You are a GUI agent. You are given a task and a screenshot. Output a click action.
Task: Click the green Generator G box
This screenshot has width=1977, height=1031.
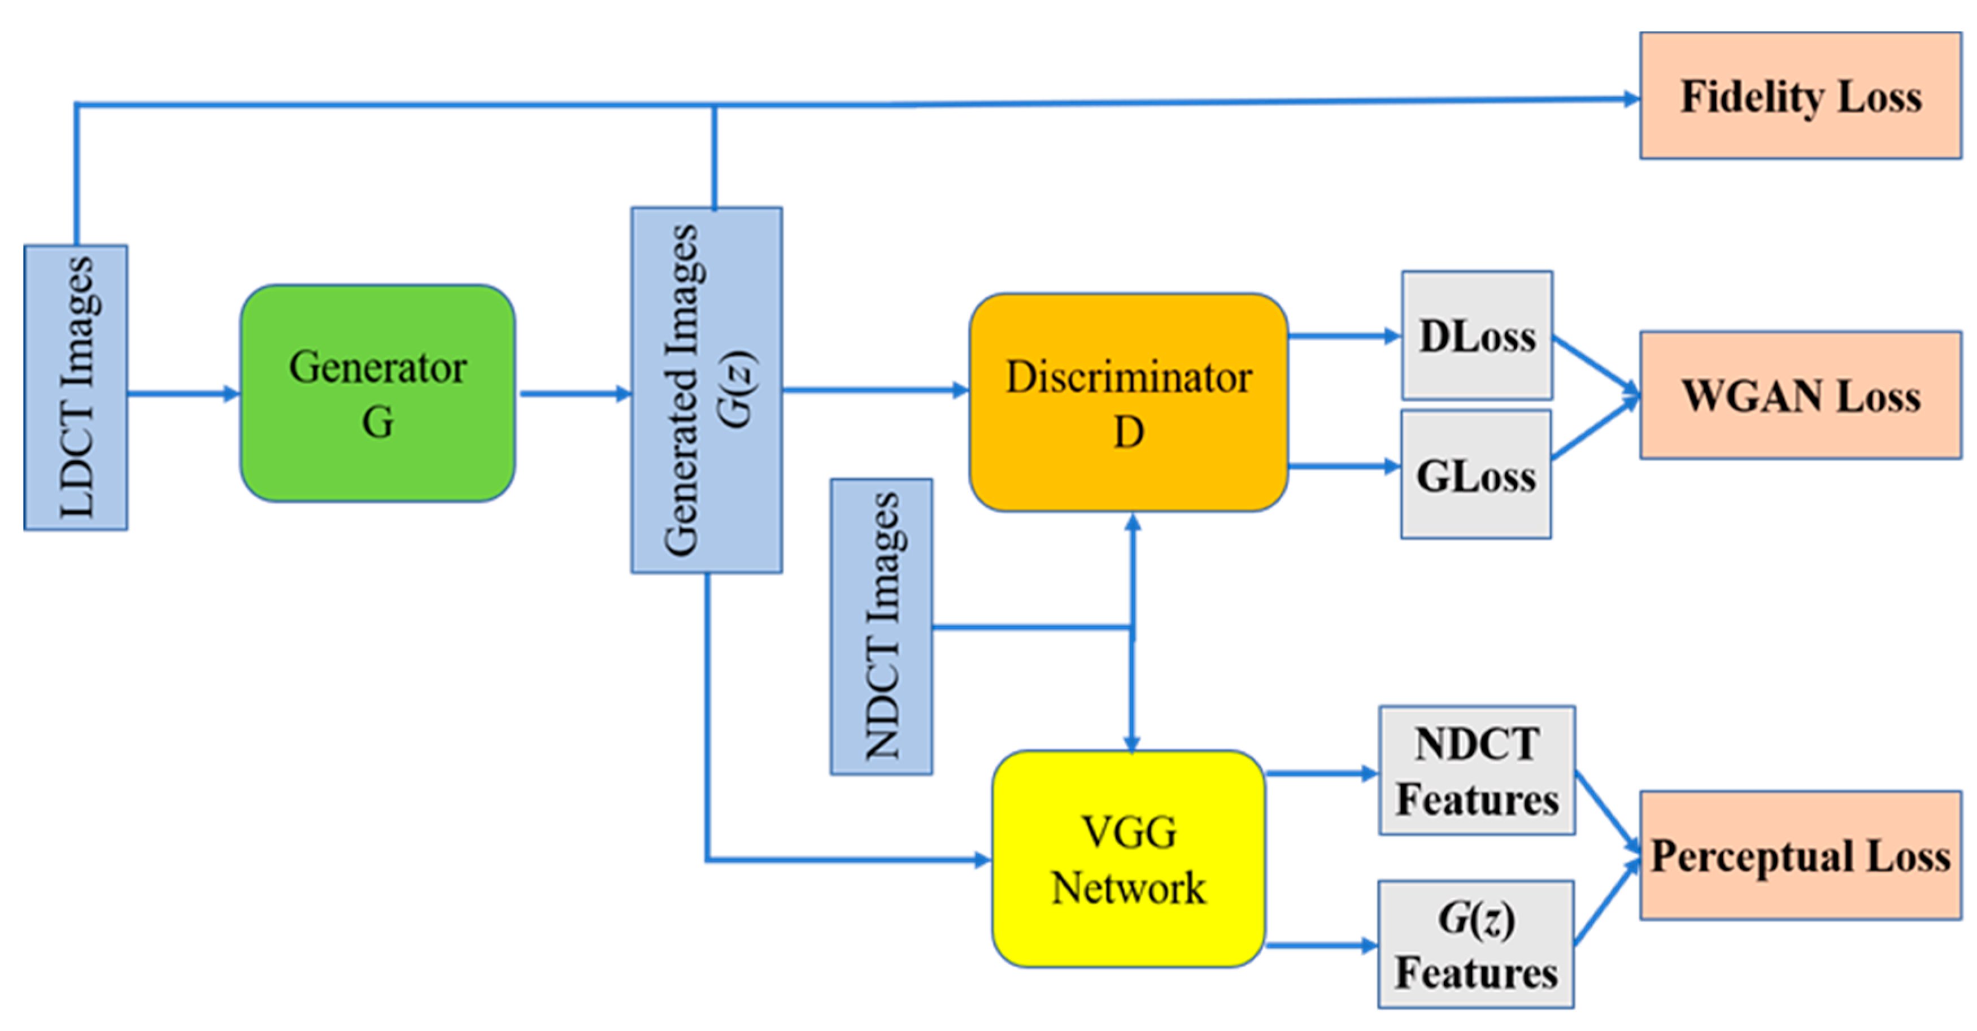(x=377, y=393)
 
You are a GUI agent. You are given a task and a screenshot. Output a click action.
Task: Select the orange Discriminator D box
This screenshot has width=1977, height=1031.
(x=1128, y=402)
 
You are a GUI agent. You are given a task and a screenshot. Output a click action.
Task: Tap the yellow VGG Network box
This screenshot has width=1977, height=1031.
(x=1128, y=858)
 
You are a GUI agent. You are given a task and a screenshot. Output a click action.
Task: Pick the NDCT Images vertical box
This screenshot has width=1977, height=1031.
(x=881, y=626)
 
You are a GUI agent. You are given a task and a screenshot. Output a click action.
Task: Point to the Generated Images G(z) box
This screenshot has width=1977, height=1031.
(x=706, y=389)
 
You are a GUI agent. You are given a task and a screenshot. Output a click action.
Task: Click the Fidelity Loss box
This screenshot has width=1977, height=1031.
(x=1801, y=95)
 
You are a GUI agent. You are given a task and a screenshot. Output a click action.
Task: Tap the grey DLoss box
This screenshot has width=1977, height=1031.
(x=1477, y=336)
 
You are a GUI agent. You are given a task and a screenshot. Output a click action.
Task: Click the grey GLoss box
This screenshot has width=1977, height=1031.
(x=1475, y=475)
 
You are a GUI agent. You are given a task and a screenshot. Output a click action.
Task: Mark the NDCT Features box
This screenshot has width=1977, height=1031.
(x=1477, y=770)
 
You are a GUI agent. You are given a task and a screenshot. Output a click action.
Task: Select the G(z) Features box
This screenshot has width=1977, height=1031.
(x=1475, y=943)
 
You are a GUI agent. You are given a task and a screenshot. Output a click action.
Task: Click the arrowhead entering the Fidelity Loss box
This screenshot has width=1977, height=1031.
(x=1630, y=99)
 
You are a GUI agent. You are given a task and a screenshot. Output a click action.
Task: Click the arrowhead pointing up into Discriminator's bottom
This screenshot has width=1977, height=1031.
(x=1132, y=524)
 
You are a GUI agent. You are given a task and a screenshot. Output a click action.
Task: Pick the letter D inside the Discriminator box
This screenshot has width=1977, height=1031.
(x=1128, y=432)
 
